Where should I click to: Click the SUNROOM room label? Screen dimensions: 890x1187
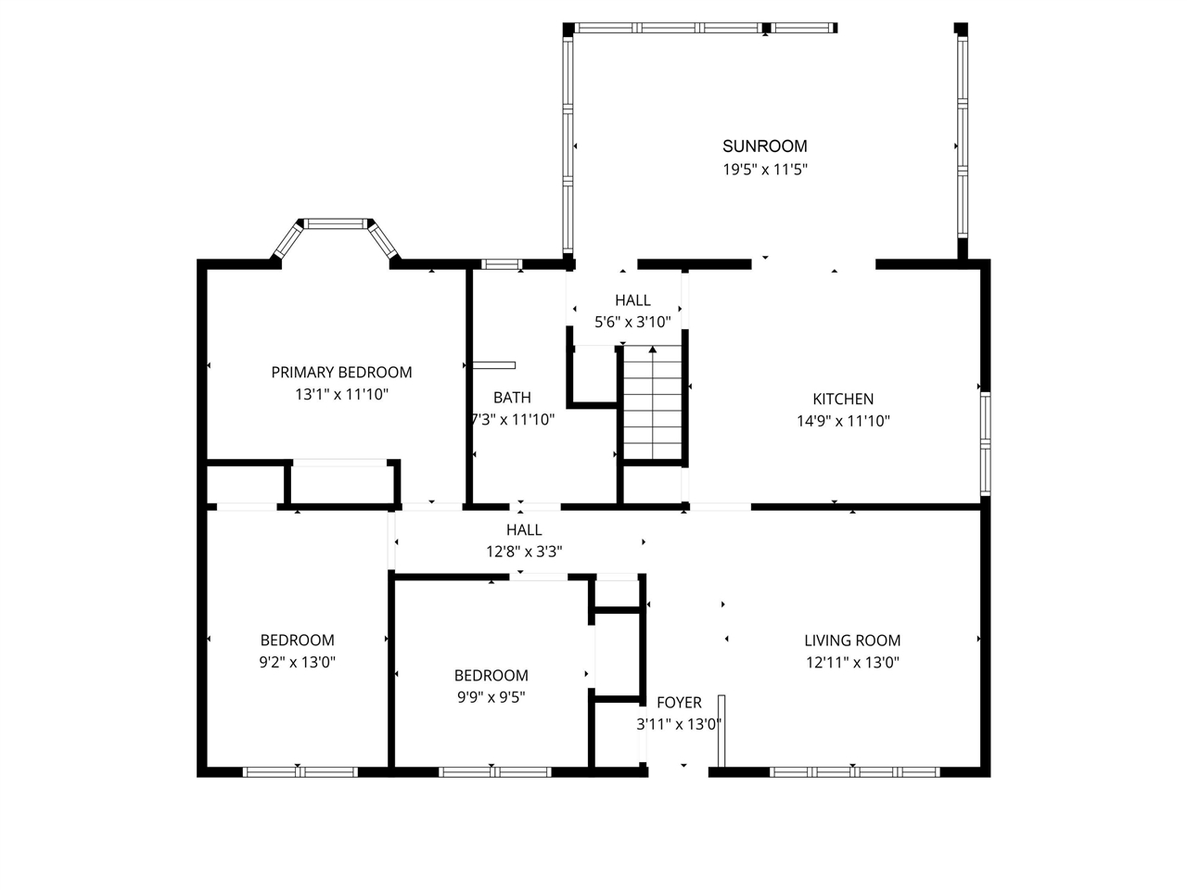pos(764,146)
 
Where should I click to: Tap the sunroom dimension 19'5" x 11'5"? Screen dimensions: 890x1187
pos(764,170)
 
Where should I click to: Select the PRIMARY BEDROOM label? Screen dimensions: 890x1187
pos(341,372)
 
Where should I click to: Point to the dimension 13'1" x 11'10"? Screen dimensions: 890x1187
pos(341,394)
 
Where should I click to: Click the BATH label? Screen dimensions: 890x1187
pos(512,398)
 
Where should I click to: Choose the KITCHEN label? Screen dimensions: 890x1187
pos(842,399)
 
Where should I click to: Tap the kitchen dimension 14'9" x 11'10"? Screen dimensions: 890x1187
pos(842,421)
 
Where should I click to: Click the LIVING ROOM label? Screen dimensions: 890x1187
pos(851,640)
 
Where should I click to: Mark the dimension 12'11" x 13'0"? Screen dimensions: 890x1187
pos(851,662)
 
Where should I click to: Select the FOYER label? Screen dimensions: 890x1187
pos(679,703)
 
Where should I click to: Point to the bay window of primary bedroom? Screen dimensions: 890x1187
pos(335,224)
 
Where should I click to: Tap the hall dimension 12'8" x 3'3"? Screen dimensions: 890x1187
pos(524,552)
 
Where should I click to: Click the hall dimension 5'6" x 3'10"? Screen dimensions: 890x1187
pos(632,323)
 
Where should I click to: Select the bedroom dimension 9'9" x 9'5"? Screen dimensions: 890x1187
pos(491,697)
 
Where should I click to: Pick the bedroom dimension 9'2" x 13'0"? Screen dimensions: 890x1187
pos(297,662)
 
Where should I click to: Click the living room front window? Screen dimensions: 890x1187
pos(854,771)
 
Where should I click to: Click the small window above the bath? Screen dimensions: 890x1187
pos(502,265)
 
